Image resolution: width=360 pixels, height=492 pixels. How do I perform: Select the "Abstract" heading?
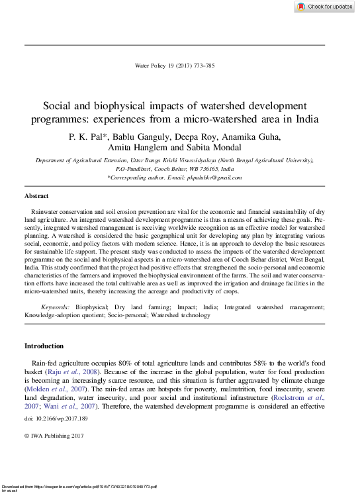[x=36, y=197]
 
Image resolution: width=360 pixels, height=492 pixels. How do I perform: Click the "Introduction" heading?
[x=44, y=346]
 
